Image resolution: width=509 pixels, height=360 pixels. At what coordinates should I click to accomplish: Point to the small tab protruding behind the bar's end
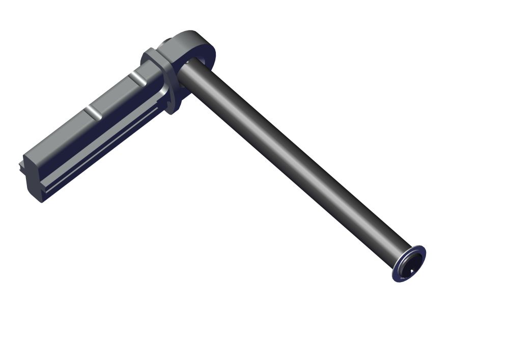click(20, 166)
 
